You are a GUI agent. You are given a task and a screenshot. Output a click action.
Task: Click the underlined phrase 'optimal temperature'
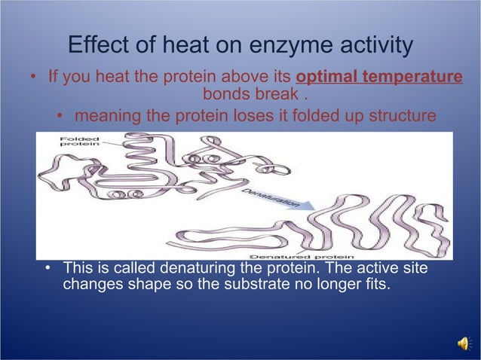click(379, 78)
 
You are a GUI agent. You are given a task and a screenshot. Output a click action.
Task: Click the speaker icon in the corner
click(463, 343)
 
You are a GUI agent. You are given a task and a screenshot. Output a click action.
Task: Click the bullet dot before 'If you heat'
click(33, 78)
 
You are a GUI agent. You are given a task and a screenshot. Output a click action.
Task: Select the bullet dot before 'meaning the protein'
click(60, 117)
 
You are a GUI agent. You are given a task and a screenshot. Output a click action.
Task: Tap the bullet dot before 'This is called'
click(48, 269)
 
